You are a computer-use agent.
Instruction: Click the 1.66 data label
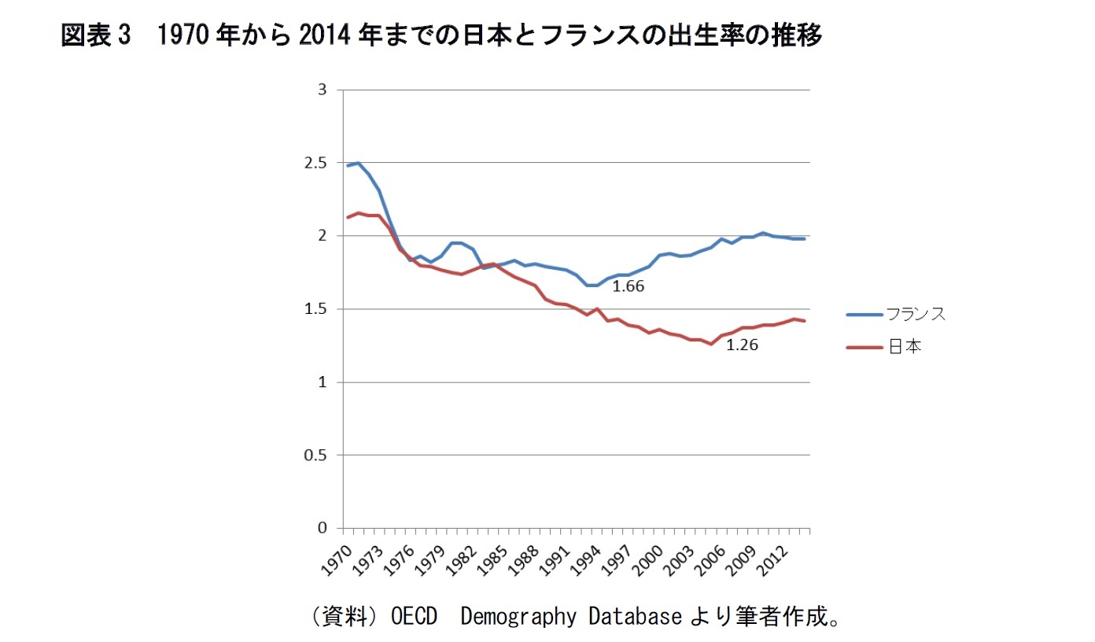click(x=628, y=286)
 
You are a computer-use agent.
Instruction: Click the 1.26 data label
click(x=742, y=345)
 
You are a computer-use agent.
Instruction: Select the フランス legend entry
click(x=916, y=314)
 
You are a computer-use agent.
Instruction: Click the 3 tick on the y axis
click(x=321, y=90)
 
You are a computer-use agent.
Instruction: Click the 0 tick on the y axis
click(x=321, y=528)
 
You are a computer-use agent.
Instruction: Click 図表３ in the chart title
click(x=93, y=35)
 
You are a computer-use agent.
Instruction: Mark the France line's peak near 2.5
click(x=358, y=163)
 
